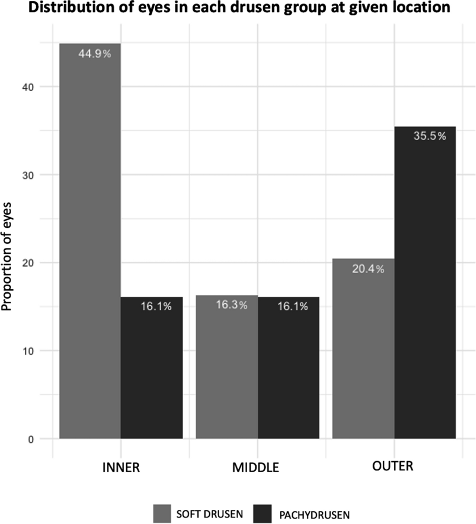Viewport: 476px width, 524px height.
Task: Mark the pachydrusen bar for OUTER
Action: (x=425, y=282)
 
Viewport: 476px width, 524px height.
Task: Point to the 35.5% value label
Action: (x=430, y=136)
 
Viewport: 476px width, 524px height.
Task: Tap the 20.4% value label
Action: (x=368, y=269)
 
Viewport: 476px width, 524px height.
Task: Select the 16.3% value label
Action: (x=231, y=305)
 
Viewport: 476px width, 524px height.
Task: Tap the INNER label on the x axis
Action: (x=121, y=467)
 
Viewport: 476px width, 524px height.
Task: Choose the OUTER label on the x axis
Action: (x=392, y=466)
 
